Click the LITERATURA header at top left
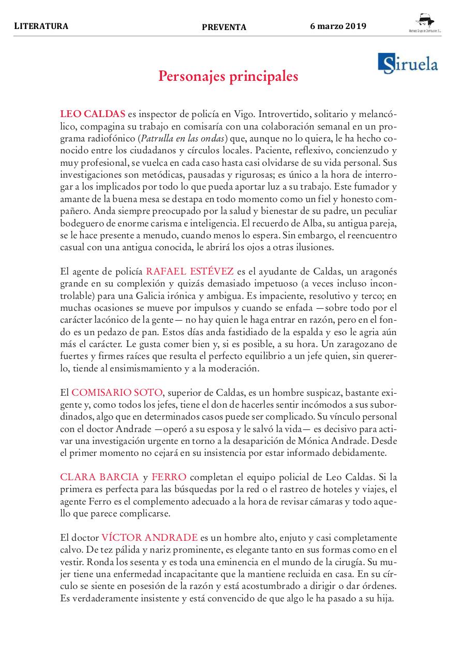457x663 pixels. pyautogui.click(x=41, y=26)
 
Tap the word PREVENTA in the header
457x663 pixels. pyautogui.click(x=224, y=27)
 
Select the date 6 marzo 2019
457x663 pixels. pyautogui.click(x=338, y=26)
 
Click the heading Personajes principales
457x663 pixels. pyautogui.click(x=228, y=76)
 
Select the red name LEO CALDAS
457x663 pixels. pyautogui.click(x=93, y=113)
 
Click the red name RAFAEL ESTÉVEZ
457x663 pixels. pyautogui.click(x=190, y=271)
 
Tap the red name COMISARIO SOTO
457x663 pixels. pyautogui.click(x=117, y=392)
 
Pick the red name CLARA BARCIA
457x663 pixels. pyautogui.click(x=99, y=477)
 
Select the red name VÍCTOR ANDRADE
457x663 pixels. pyautogui.click(x=150, y=537)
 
